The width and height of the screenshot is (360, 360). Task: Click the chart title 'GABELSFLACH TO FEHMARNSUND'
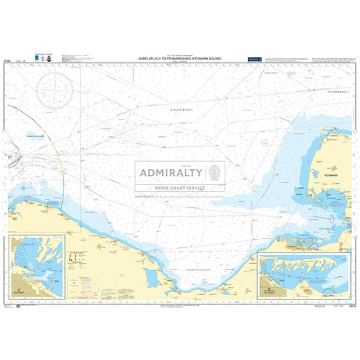tap(179, 58)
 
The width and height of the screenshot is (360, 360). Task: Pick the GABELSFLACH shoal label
tap(34, 135)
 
